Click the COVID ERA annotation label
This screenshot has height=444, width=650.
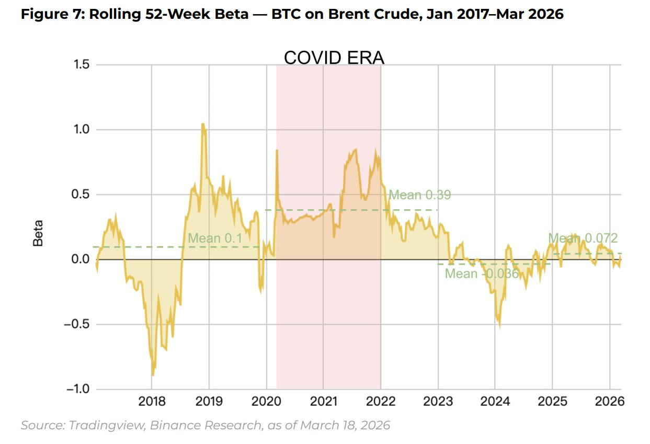(334, 58)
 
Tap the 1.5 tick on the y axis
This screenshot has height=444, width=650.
(82, 65)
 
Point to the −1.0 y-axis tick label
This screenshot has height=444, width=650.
(78, 389)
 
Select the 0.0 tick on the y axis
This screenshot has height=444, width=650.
(82, 259)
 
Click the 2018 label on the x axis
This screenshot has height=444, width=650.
(152, 402)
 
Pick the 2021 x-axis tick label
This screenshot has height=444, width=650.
(323, 402)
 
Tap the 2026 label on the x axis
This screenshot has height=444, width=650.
(610, 402)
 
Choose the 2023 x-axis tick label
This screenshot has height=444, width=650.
(438, 402)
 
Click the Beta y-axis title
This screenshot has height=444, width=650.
(38, 233)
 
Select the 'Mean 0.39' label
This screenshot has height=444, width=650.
(419, 195)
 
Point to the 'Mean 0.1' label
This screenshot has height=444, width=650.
(215, 238)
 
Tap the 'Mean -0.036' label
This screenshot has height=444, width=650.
(481, 274)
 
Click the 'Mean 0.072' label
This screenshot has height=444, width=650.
(583, 238)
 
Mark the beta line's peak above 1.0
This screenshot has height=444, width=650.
(202, 124)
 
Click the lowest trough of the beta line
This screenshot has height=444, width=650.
(153, 374)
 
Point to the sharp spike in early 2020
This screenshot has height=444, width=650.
(276, 151)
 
